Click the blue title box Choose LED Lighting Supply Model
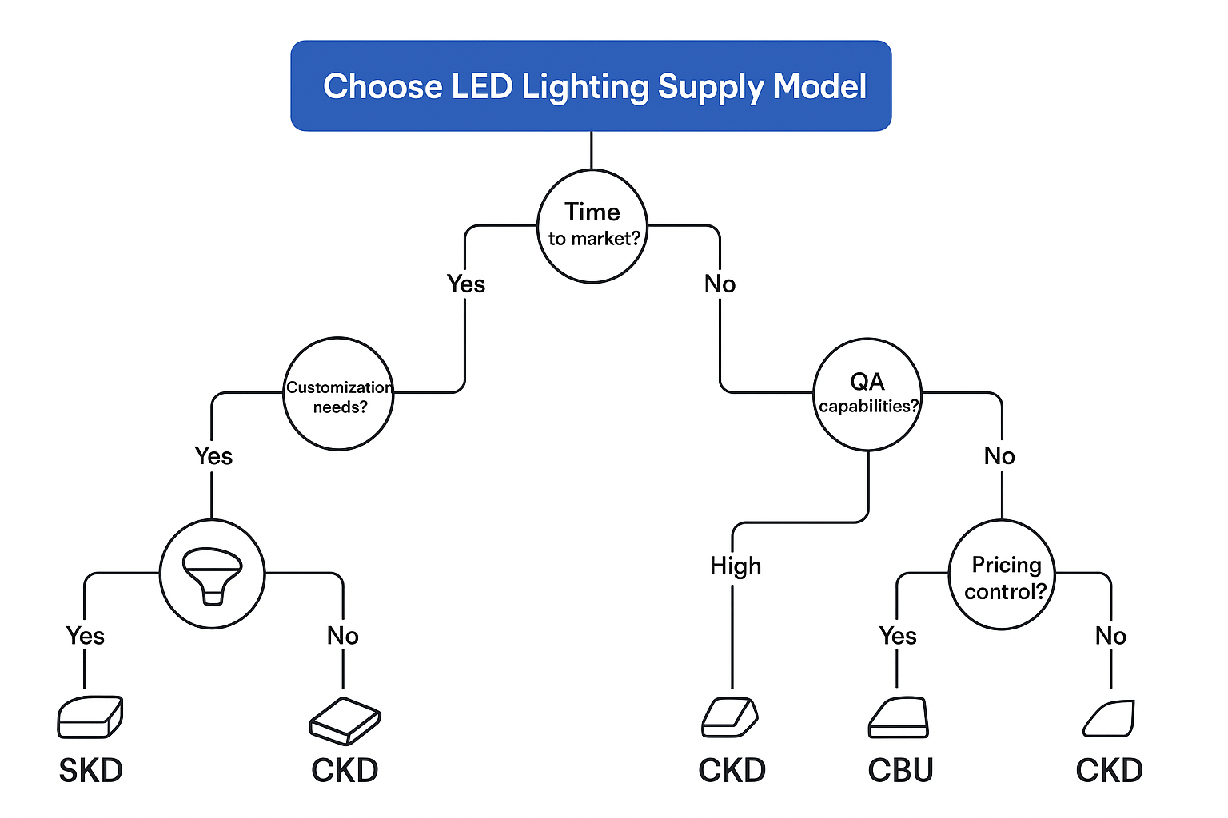coord(591,86)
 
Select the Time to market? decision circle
coord(592,226)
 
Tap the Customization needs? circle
coord(339,395)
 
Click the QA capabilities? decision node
coord(867,395)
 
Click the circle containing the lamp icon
coord(212,574)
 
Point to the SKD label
coord(90,771)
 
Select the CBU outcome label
coord(900,771)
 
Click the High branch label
coord(735,566)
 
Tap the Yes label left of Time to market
coord(466,284)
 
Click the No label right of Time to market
coord(720,284)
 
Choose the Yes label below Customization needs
coord(213,456)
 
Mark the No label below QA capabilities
coord(999,456)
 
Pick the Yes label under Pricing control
coord(898,636)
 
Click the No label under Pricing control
coord(1110,636)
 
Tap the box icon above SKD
coord(90,717)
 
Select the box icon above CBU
coord(899,718)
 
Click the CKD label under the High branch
coord(732,771)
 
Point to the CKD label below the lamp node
coord(345,771)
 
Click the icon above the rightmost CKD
coord(1110,718)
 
